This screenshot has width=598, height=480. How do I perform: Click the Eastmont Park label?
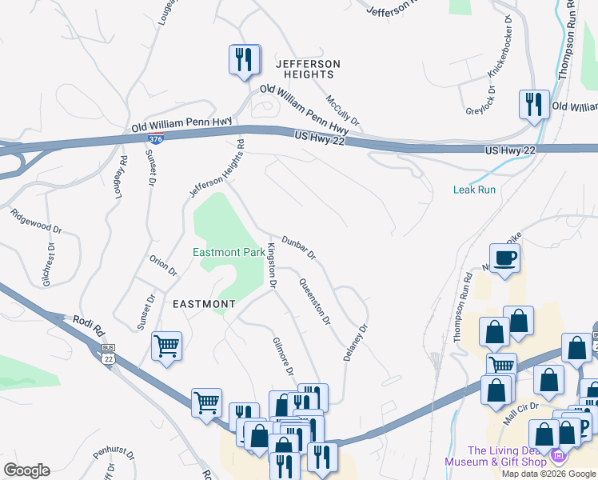coord(229,253)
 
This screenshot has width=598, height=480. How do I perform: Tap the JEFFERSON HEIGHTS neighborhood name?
coord(308,69)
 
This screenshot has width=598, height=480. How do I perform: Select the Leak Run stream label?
coord(475,190)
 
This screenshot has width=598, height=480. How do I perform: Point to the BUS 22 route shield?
coord(109,353)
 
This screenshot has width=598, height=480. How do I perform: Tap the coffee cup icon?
coord(504,258)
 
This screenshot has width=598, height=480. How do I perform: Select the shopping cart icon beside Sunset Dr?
coord(166,346)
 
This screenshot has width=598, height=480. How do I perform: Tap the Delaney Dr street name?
coord(356,342)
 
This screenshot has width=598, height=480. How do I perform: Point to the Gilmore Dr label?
coord(283,356)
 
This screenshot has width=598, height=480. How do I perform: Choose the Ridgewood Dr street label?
coord(36,221)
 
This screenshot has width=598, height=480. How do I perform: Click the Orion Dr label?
coord(163,265)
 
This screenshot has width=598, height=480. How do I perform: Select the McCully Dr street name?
coord(342,110)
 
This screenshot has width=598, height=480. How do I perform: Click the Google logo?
coord(26,470)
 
